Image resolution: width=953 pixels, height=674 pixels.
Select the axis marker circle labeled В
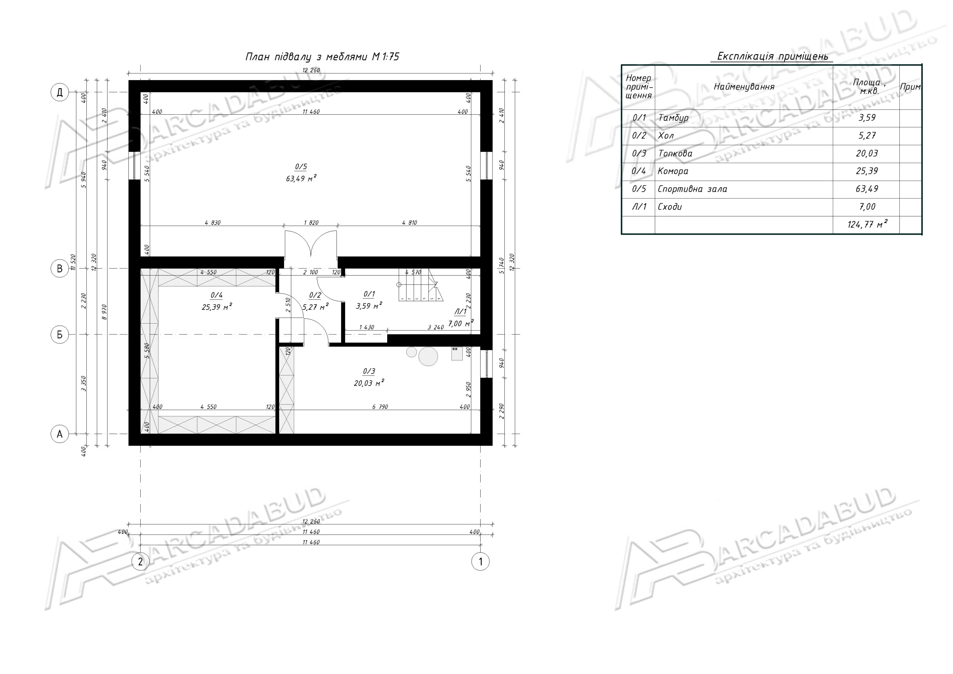pos(60,269)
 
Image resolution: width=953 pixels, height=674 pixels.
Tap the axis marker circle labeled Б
pos(60,335)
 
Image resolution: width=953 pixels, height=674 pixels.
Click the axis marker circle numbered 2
pos(140,562)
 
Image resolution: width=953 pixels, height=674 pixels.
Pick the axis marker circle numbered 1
pos(481,562)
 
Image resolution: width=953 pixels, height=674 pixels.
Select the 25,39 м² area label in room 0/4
pos(217,307)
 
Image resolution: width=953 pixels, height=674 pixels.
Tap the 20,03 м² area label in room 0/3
pos(369,383)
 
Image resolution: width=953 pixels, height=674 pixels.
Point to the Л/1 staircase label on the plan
pos(461,311)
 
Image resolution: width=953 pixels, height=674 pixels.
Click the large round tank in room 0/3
pos(428,356)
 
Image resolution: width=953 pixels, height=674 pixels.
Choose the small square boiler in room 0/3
pos(457,354)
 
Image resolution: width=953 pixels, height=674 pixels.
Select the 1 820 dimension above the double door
pos(311,223)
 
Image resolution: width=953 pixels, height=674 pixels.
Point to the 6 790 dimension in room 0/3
pos(380,407)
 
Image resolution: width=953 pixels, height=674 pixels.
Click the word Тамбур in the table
pos(673,118)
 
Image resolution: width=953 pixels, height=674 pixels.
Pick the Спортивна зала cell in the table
pos(692,189)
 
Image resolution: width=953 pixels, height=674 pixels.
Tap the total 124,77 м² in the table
pos(867,224)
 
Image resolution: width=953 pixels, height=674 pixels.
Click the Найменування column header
pos(744,87)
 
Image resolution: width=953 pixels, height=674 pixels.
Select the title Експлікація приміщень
pos(772,56)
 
